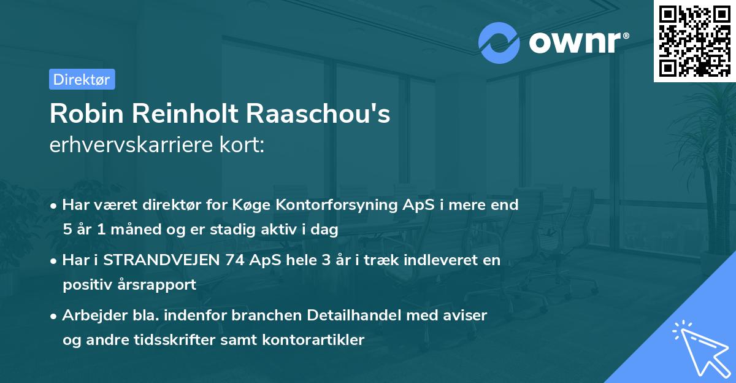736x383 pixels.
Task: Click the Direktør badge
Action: pos(82,79)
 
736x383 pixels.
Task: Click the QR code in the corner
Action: pos(694,41)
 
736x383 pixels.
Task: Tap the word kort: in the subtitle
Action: pos(243,145)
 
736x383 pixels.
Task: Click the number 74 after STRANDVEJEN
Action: pos(237,260)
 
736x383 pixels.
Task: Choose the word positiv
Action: pos(86,284)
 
